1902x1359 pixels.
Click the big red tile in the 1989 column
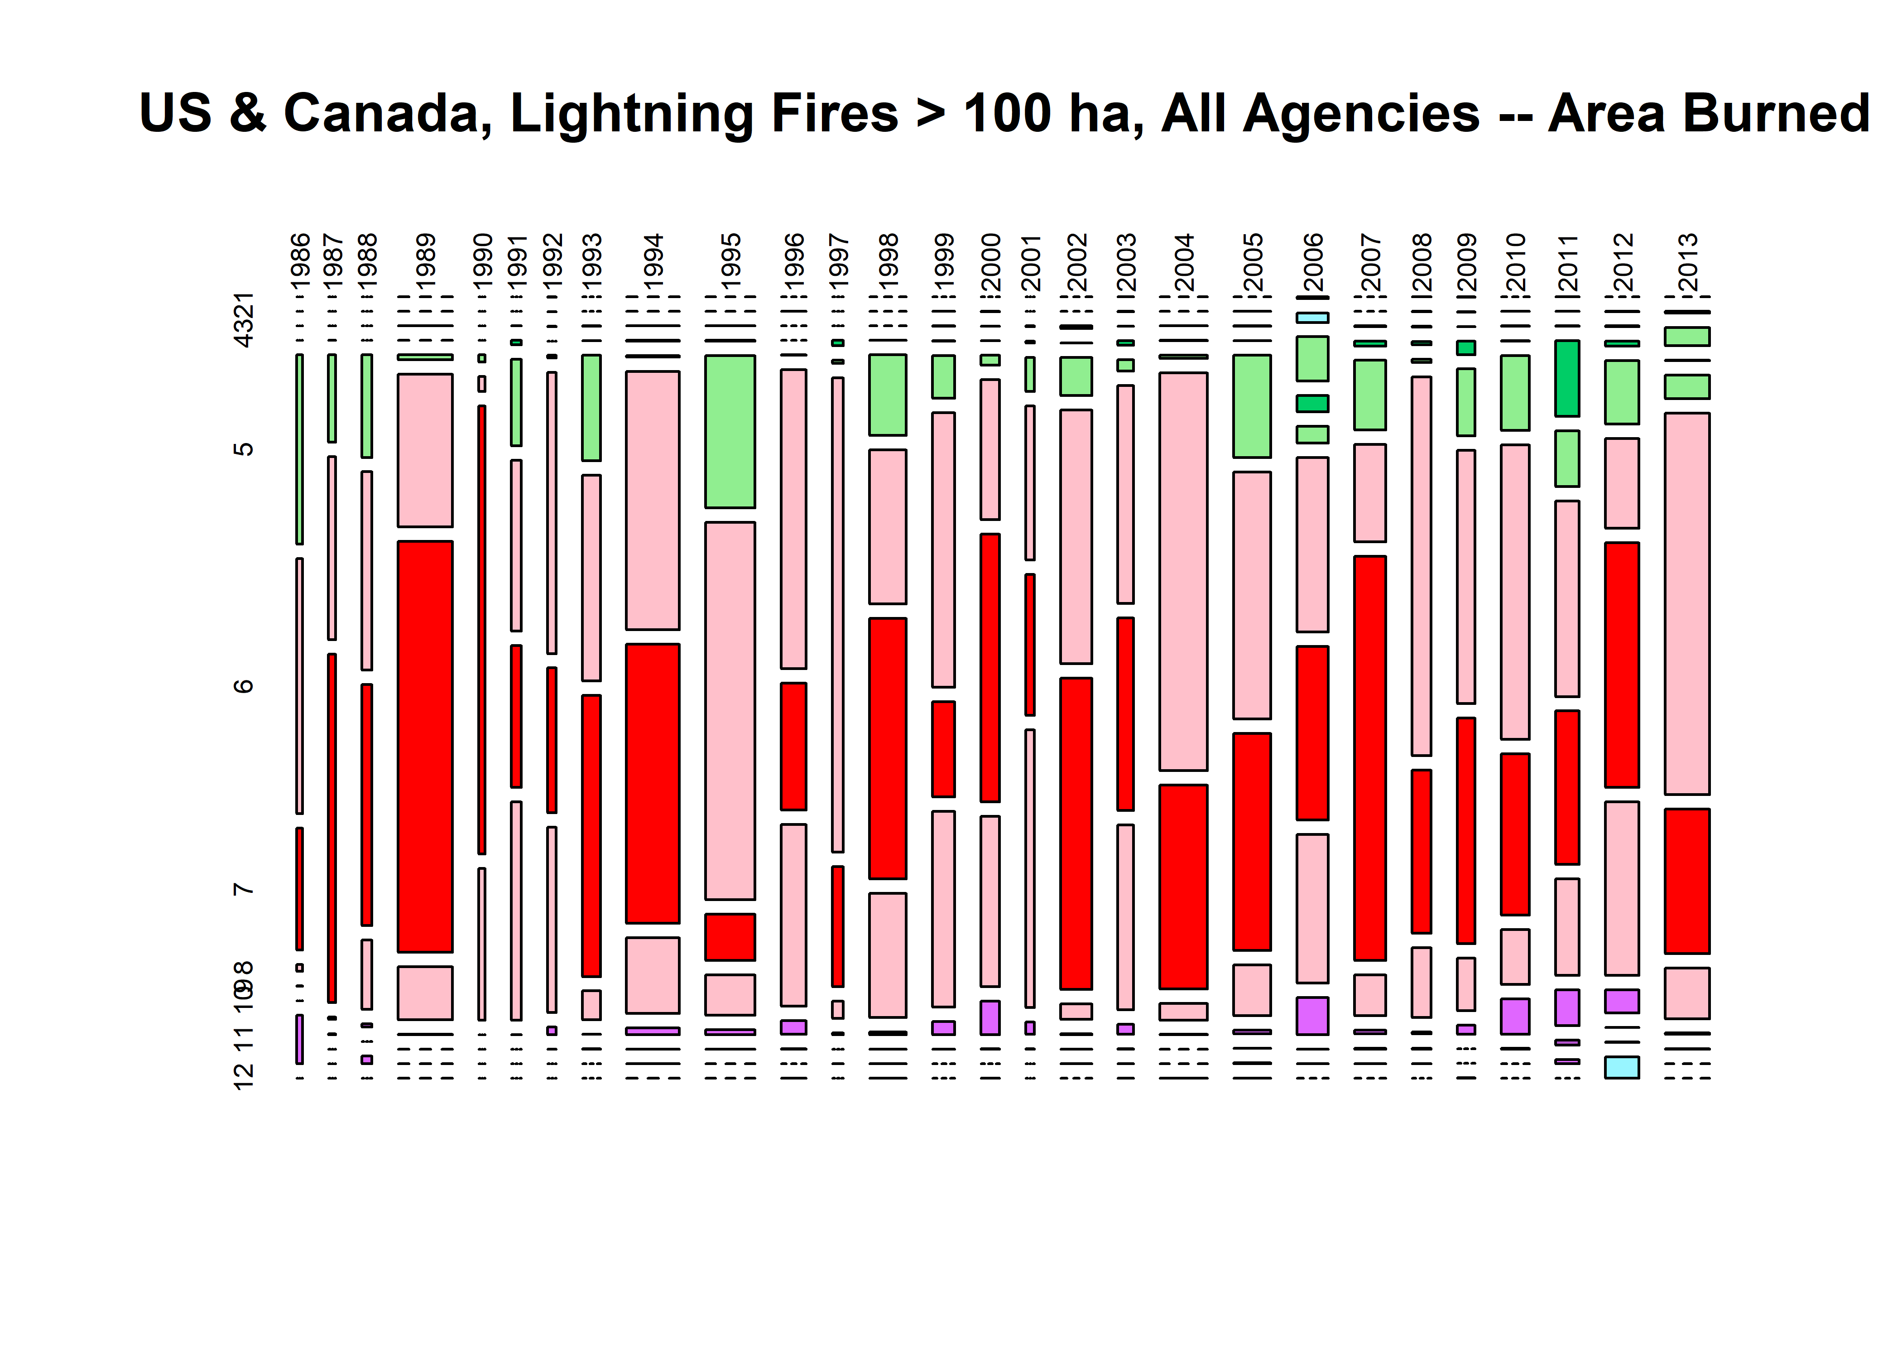pos(425,747)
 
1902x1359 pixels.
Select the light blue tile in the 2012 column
pos(1622,1067)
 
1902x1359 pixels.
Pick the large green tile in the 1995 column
pos(730,431)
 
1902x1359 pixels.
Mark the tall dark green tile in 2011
pos(1567,378)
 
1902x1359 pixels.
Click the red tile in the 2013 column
pos(1687,880)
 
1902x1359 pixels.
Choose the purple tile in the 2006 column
pos(1312,1016)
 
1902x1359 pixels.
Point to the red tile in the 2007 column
pos(1370,757)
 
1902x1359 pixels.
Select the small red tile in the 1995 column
pos(730,936)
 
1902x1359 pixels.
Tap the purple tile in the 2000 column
pos(990,1017)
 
